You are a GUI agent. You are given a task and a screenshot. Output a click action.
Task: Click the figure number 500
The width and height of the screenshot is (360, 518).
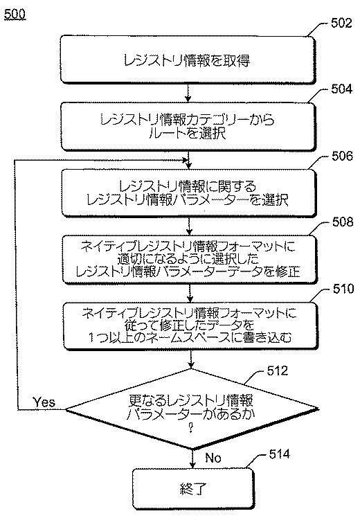[x=15, y=15]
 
